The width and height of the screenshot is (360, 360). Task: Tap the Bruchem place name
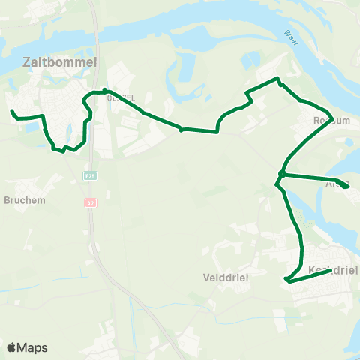pyautogui.click(x=25, y=200)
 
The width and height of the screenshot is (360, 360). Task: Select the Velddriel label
pyautogui.click(x=226, y=276)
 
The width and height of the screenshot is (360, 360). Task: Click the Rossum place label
pyautogui.click(x=332, y=120)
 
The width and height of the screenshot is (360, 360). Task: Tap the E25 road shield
pyautogui.click(x=90, y=175)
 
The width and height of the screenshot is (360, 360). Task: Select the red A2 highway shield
pyautogui.click(x=90, y=203)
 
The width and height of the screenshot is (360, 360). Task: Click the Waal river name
pyautogui.click(x=291, y=36)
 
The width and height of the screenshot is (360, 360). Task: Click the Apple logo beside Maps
pyautogui.click(x=13, y=347)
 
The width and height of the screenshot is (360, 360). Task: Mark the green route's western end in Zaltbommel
pyautogui.click(x=12, y=112)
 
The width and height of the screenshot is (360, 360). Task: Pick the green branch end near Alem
pyautogui.click(x=347, y=187)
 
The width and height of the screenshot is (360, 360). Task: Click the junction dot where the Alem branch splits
pyautogui.click(x=281, y=174)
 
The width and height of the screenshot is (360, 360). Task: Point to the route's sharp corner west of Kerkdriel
pyautogui.click(x=286, y=280)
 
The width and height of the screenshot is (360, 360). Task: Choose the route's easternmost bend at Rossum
pyautogui.click(x=331, y=118)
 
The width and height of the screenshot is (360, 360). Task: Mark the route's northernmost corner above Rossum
pyautogui.click(x=277, y=78)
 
